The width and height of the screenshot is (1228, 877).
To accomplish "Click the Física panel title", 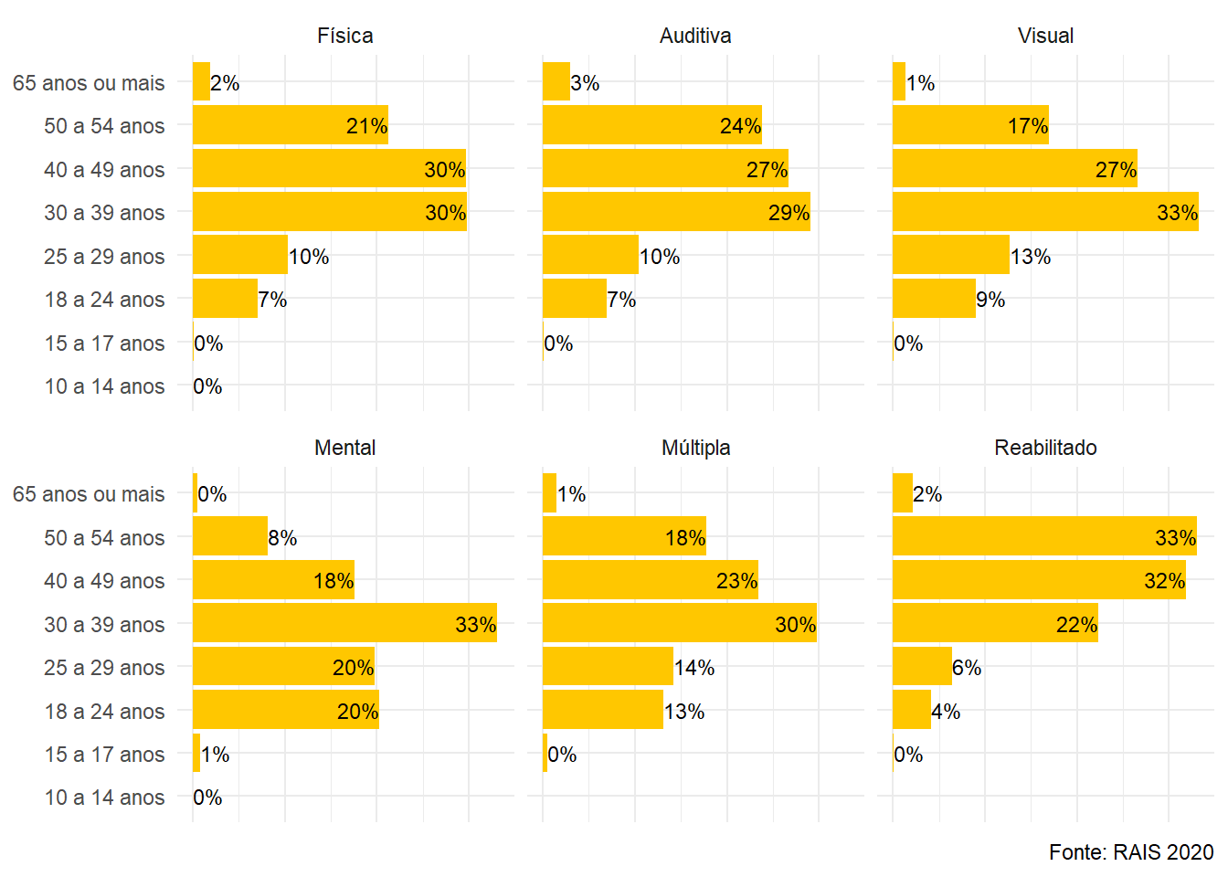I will (x=344, y=36).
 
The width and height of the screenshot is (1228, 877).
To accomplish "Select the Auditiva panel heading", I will (x=695, y=36).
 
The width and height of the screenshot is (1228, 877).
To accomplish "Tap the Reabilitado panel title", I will (x=1045, y=448).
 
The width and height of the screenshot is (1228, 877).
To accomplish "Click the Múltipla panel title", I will (x=695, y=448).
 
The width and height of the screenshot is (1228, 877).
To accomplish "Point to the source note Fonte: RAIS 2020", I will (x=1130, y=852).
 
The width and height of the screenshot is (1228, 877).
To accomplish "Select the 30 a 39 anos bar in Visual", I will (x=1045, y=212).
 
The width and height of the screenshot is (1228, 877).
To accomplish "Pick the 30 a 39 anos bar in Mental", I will (x=344, y=623).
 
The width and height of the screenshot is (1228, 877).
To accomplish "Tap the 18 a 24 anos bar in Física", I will (x=225, y=299).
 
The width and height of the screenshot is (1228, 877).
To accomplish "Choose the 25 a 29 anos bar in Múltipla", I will (x=608, y=667).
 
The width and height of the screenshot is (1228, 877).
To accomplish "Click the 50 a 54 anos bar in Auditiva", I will (x=651, y=125).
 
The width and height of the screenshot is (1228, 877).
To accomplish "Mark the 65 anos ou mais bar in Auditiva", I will (x=556, y=82).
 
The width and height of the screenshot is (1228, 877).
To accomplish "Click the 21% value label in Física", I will (x=366, y=126).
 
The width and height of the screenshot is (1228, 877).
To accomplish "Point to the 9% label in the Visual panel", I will (x=990, y=300).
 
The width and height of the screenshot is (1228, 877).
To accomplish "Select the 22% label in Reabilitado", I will (x=1076, y=625).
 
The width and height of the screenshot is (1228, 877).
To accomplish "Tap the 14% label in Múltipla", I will (x=694, y=668).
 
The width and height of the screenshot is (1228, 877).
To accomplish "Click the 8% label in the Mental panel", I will (x=282, y=538).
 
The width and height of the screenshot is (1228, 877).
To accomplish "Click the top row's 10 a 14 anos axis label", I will (x=104, y=386).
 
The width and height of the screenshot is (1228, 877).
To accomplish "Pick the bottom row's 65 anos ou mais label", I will (x=89, y=494).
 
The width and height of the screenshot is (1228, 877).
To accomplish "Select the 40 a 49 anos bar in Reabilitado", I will (x=1039, y=580).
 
